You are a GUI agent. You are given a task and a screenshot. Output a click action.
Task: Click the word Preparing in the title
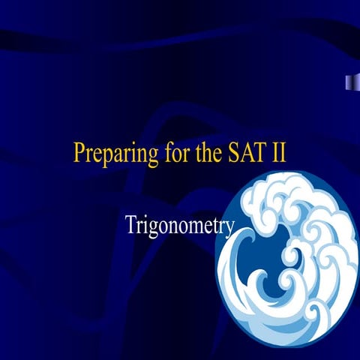click(x=109, y=153)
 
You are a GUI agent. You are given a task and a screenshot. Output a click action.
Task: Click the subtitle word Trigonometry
click(x=181, y=224)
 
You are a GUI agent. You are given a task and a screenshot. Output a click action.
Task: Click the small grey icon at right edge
click(x=349, y=82)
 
